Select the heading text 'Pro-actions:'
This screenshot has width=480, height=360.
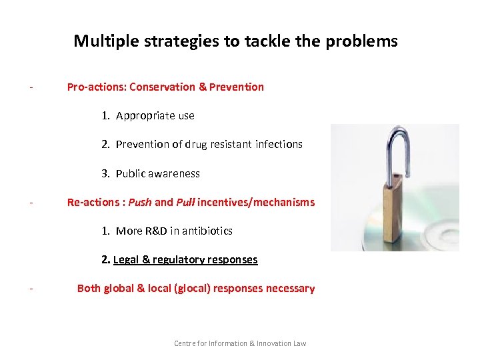[x=97, y=87]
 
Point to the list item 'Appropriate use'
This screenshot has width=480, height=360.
[x=155, y=115]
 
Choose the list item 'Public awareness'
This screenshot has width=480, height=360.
[x=157, y=173]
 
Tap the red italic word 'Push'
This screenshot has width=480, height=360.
[x=139, y=202]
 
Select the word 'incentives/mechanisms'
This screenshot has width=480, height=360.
[x=256, y=202]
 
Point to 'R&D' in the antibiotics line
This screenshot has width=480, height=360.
[x=155, y=231]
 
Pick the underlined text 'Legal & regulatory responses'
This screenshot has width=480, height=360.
[x=185, y=259]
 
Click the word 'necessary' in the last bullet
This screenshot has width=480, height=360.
[x=290, y=288]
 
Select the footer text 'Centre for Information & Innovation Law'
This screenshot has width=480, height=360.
[x=240, y=343]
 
